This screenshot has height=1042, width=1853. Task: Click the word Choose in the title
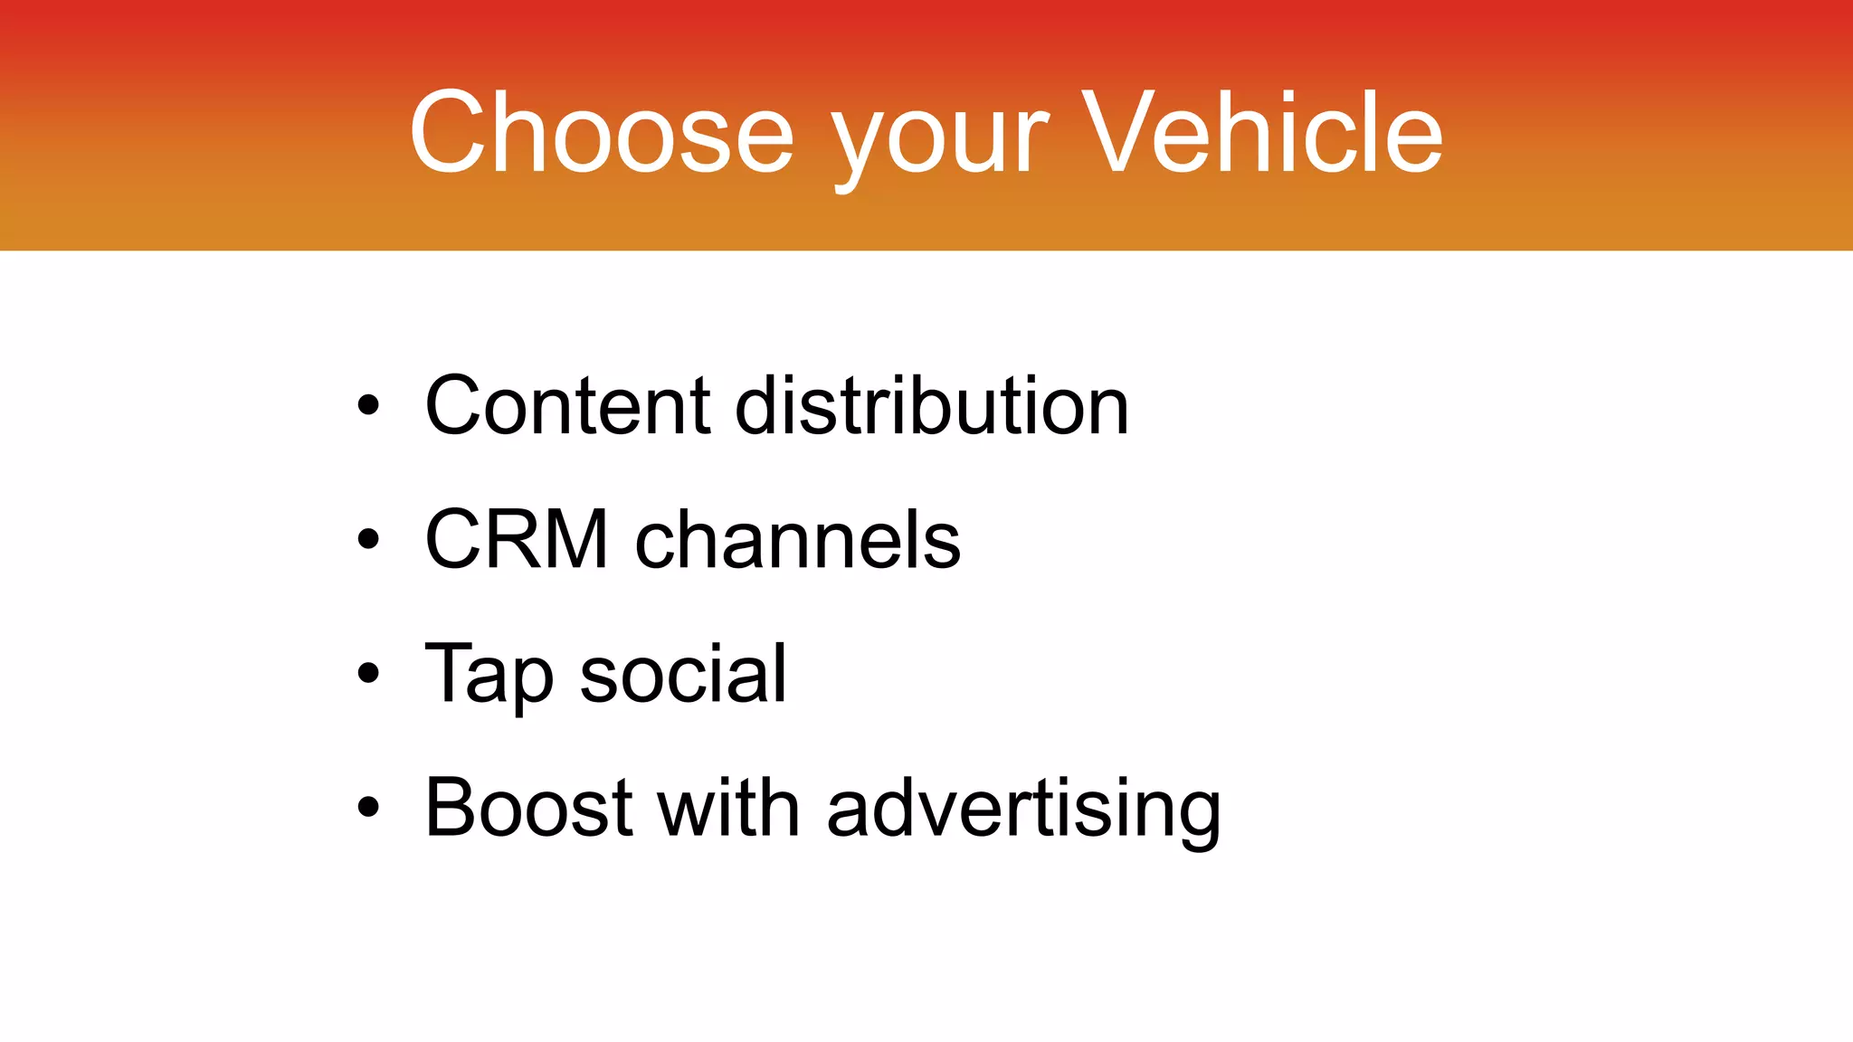click(x=602, y=133)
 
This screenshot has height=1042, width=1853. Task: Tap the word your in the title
click(x=941, y=140)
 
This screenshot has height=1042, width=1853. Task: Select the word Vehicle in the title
click(x=1262, y=133)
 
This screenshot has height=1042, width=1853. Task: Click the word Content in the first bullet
click(x=568, y=406)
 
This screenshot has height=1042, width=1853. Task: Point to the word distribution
click(x=932, y=406)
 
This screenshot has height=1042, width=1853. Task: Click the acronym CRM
click(x=517, y=540)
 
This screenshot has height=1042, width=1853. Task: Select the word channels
click(x=798, y=540)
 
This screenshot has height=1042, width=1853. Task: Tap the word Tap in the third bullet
click(x=489, y=675)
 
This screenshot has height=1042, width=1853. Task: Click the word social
click(x=683, y=674)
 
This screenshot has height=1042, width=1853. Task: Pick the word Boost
click(x=528, y=808)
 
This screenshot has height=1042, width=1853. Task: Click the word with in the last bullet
click(x=728, y=808)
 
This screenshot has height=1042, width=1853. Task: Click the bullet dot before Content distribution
click(x=367, y=405)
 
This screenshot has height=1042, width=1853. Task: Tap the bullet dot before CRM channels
click(x=367, y=539)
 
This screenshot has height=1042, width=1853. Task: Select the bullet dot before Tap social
click(x=367, y=673)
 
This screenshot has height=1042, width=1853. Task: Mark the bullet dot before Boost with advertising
click(x=367, y=807)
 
